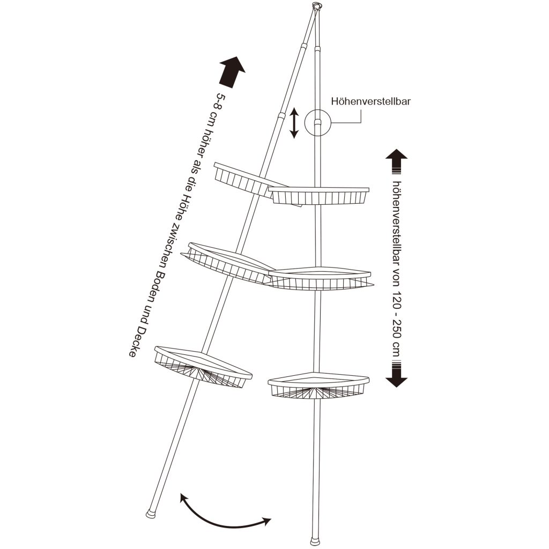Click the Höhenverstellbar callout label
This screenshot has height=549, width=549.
coord(371,101)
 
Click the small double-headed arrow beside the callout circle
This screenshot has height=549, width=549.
coord(294,123)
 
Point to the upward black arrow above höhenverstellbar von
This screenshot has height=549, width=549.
coord(396,161)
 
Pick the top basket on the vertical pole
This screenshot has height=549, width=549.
coord(319,196)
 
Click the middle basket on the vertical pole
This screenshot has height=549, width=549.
coord(321,279)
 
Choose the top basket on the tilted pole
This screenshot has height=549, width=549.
coord(257,184)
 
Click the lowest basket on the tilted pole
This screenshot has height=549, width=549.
coord(203,367)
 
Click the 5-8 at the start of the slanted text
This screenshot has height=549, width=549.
coord(220,100)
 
